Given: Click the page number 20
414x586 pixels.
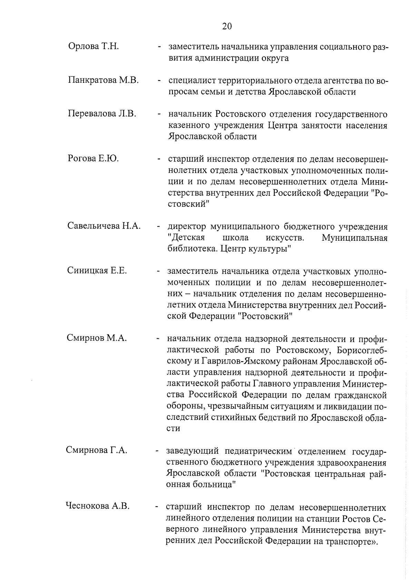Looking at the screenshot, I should pyautogui.click(x=227, y=27).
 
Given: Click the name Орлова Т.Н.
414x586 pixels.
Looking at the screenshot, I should pyautogui.click(x=93, y=47).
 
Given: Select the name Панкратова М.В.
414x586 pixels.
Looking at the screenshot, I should pyautogui.click(x=103, y=80).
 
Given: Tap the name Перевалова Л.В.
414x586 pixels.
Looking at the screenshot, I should pyautogui.click(x=102, y=114).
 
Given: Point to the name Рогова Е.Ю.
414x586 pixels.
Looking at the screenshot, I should pyautogui.click(x=93, y=159).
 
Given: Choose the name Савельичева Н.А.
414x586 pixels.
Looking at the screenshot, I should pyautogui.click(x=104, y=226).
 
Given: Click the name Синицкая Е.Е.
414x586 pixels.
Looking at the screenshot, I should pyautogui.click(x=97, y=271).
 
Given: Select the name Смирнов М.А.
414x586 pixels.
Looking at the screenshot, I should pyautogui.click(x=97, y=338).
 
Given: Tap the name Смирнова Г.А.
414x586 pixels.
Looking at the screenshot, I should pyautogui.click(x=97, y=451).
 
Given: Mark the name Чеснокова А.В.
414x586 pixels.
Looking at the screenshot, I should pyautogui.click(x=98, y=506).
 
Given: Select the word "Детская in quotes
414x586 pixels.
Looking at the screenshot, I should pyautogui.click(x=186, y=238).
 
